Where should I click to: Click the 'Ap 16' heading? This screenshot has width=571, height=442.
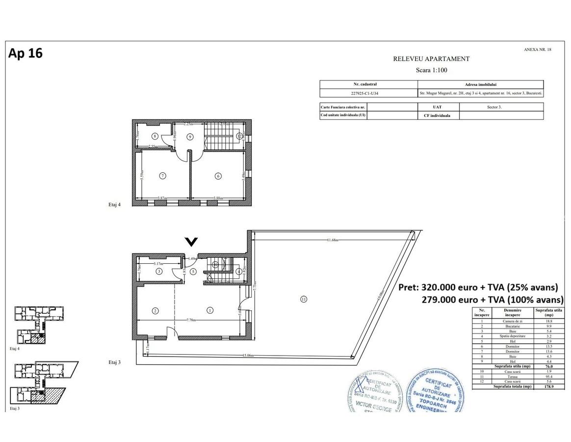point(26,53)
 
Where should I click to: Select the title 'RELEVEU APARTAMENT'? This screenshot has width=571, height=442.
point(431,59)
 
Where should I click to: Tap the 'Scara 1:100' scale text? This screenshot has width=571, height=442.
point(431,70)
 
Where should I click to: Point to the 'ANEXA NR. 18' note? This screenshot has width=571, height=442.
point(537,50)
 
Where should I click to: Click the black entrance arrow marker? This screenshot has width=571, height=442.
point(191,241)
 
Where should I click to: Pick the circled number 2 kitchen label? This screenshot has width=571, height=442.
point(155,310)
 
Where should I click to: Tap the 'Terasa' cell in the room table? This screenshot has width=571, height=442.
point(512,377)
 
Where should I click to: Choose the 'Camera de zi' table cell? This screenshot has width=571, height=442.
point(512,321)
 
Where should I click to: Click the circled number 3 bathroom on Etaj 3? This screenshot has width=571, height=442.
point(159,271)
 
